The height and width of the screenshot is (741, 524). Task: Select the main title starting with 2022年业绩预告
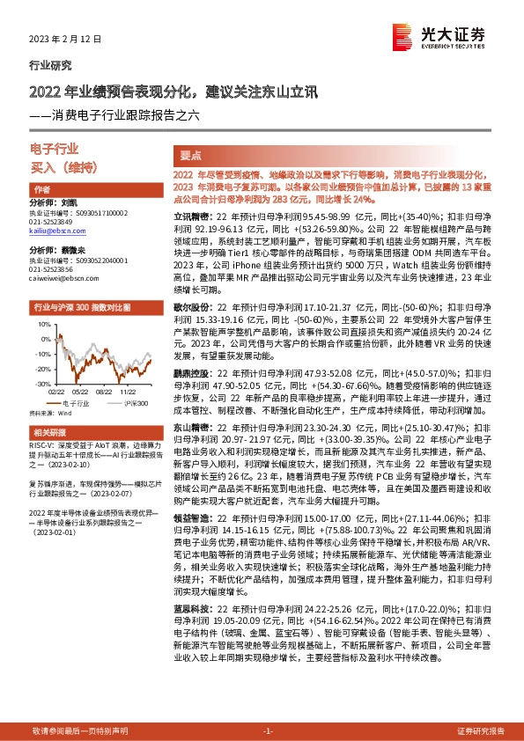click(x=166, y=91)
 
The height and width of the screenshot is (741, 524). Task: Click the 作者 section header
click(x=41, y=190)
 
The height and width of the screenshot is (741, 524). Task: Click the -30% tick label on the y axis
click(x=42, y=385)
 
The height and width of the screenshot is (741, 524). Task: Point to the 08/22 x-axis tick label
click(x=103, y=393)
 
